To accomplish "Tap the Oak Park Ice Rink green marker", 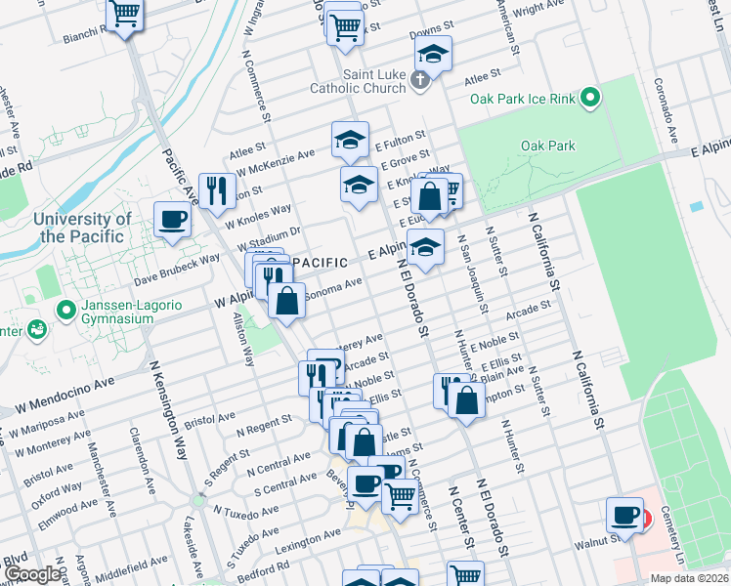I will (589, 98).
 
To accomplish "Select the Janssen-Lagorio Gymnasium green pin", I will (65, 312).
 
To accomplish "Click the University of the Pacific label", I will (82, 228).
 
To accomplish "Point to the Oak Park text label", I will (547, 146).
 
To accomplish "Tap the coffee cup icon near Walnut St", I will (624, 514).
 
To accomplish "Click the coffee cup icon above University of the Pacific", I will (173, 220).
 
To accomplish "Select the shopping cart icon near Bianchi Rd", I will (125, 15).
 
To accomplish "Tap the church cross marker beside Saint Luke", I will (421, 80).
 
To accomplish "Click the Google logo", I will (31, 575).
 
